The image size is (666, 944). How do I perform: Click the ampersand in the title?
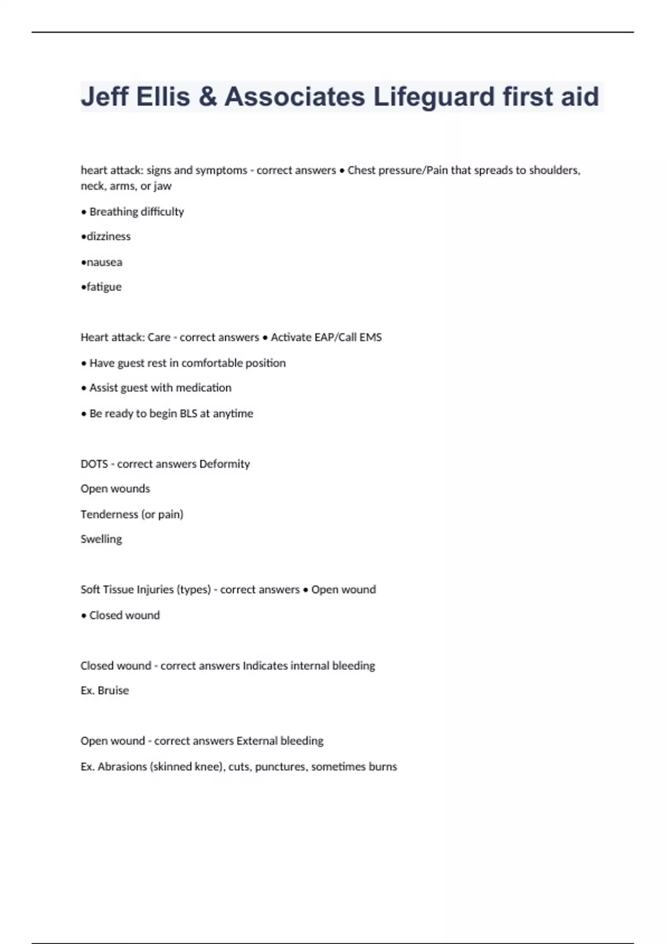point(207,97)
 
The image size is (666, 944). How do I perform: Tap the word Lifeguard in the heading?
point(434,97)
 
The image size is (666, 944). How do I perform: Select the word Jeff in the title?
point(104,97)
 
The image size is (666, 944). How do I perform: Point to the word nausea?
point(104,262)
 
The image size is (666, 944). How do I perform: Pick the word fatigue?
point(104,287)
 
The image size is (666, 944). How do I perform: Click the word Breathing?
point(114,212)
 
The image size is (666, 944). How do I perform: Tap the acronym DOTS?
point(94,464)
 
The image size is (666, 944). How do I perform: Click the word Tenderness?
point(109,514)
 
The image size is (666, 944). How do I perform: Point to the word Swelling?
point(101,539)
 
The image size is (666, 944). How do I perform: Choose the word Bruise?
point(113,690)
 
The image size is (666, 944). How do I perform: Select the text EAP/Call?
point(326,337)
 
